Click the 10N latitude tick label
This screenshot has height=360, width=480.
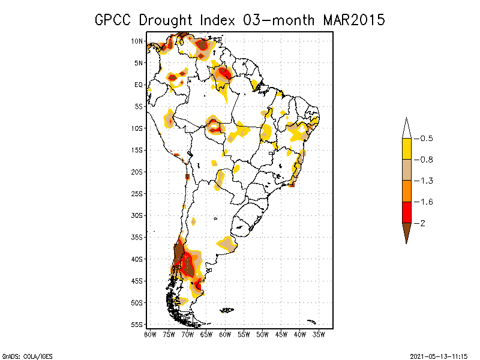coord(137,41)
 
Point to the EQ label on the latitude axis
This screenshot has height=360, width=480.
coord(139,85)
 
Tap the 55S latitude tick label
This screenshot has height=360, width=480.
coord(137,325)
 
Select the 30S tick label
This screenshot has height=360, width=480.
coord(137,215)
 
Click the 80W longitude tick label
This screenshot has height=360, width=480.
coord(150,334)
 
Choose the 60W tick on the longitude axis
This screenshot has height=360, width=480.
coord(225,334)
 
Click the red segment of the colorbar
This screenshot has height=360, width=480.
coord(407,212)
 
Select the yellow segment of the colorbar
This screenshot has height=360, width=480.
coord(407,149)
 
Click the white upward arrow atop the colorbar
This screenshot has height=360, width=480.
coord(407,128)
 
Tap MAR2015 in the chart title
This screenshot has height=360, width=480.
coord(353,20)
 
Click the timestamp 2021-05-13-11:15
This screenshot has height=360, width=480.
coord(439,355)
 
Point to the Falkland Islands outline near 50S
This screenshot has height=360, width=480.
coord(227,310)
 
